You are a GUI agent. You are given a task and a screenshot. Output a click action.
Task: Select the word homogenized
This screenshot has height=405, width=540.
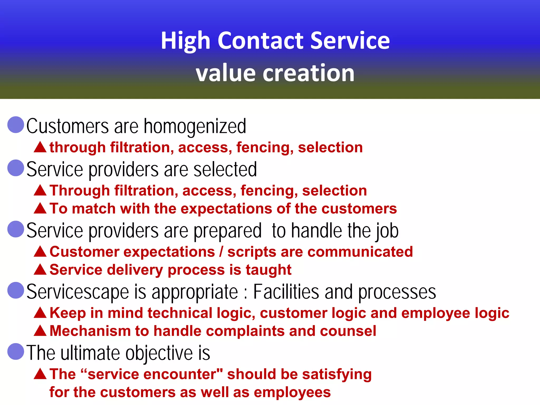(195, 126)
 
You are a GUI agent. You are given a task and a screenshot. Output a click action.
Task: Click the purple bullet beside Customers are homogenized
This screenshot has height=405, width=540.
(16, 125)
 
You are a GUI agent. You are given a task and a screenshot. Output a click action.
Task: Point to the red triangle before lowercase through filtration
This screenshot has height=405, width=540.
(40, 147)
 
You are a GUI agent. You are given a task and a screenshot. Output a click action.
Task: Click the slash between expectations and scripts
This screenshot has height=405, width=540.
(221, 252)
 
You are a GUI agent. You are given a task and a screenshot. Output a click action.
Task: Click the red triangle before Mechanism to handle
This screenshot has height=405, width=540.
(40, 331)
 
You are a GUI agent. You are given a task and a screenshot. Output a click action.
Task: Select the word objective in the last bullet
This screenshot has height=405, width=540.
(159, 353)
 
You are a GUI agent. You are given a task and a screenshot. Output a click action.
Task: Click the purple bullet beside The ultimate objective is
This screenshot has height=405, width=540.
(16, 351)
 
